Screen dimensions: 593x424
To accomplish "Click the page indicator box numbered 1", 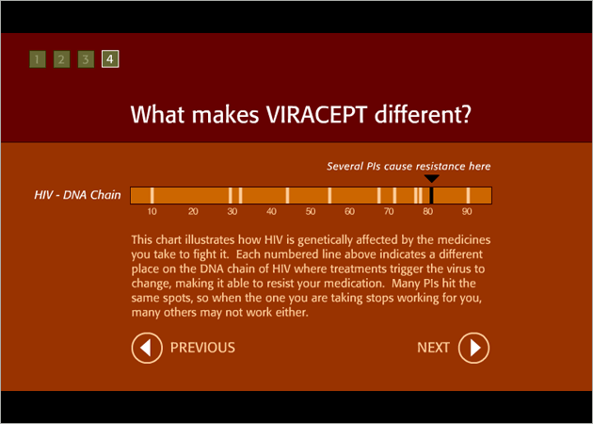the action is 38,59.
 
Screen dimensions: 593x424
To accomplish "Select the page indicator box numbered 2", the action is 61,59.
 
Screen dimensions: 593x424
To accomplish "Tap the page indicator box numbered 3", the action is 86,59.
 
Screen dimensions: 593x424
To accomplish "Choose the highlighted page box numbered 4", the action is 110,59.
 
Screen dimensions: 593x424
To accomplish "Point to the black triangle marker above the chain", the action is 431,179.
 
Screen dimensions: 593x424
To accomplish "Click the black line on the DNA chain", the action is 431,195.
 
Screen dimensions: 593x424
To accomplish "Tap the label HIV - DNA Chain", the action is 77,195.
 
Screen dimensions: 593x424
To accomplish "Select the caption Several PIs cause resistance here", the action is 409,166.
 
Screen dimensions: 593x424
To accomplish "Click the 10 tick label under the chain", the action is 152,212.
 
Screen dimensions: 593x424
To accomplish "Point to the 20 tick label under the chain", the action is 193,212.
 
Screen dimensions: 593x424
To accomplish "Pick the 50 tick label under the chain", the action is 311,212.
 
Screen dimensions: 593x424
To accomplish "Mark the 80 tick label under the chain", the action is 427,212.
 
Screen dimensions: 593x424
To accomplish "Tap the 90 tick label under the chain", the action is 467,212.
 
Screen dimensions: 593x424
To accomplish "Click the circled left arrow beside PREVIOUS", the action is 147,348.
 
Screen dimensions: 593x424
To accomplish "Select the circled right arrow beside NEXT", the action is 473,348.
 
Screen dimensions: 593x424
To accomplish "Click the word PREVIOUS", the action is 202,348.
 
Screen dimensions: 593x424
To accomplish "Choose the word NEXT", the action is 433,348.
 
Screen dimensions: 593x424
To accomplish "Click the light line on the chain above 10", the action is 152,195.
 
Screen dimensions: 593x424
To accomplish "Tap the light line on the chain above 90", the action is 468,195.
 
